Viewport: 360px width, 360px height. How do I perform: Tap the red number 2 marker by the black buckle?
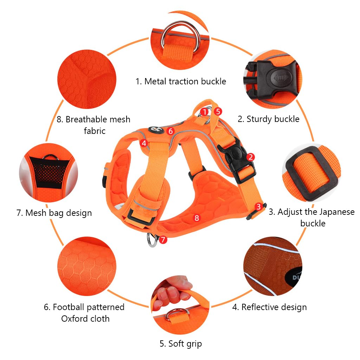click(250, 157)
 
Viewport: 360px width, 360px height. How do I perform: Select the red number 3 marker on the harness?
click(259, 207)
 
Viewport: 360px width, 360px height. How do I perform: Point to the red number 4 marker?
click(143, 143)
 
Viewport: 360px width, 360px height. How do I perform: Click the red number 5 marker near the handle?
click(218, 111)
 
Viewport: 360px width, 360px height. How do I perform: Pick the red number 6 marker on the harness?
click(171, 131)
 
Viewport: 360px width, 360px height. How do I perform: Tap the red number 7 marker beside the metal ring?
click(162, 240)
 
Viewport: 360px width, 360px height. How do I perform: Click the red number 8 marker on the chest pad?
click(197, 218)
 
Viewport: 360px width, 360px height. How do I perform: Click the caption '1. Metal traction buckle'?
click(181, 81)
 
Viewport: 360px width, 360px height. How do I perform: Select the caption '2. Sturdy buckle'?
click(269, 119)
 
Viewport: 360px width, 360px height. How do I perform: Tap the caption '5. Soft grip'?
click(181, 343)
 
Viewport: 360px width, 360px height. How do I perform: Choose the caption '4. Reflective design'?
click(269, 307)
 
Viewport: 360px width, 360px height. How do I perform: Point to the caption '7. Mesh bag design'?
click(54, 213)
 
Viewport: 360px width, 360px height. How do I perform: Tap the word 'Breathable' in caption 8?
click(88, 120)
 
